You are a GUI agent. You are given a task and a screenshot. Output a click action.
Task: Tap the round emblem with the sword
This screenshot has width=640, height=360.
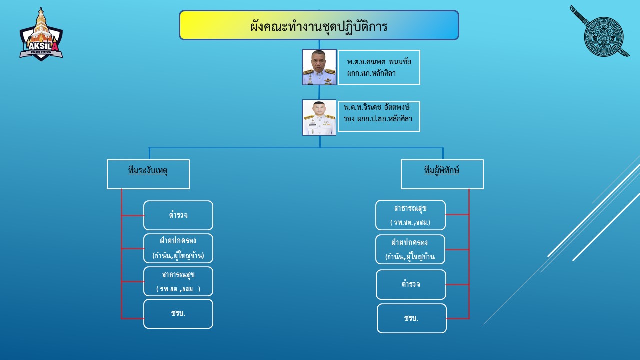pos(603,36)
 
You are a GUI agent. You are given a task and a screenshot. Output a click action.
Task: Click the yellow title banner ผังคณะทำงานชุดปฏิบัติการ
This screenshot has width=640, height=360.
pos(319,25)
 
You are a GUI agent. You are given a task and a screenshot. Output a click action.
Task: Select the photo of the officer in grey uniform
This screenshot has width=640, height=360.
pos(319,67)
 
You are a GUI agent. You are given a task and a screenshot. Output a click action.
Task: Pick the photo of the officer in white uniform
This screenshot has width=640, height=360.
pos(319,117)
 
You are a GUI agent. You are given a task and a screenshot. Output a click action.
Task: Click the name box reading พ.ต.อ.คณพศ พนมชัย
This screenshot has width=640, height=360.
pos(379,67)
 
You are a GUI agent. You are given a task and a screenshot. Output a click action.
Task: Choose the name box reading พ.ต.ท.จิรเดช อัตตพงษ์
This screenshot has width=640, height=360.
pos(379,116)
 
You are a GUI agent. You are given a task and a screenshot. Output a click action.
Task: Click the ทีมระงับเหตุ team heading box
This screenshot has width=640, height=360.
pos(148,174)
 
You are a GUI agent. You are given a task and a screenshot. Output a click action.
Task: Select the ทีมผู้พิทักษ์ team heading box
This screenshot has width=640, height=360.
pos(442,174)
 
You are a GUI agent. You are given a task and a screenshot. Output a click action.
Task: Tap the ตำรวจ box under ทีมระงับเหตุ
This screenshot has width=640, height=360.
pos(178,215)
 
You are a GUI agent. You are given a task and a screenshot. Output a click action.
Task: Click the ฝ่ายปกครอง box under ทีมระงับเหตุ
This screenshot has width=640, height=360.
pos(178,248)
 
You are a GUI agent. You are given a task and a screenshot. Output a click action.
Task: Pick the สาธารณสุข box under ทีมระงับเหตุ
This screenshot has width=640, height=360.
pos(178,281)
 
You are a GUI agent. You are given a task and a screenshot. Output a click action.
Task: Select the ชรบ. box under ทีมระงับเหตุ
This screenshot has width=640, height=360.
pos(178,314)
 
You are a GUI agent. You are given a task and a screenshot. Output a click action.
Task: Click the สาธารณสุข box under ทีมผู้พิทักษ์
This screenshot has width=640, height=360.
pos(410,215)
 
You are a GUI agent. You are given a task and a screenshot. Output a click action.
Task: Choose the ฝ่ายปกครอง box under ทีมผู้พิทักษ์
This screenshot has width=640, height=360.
pos(410,249)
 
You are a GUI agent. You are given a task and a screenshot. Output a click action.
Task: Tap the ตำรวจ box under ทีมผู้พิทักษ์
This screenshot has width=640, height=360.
pos(411,284)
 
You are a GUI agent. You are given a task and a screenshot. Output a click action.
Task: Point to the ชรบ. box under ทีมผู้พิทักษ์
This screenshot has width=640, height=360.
pos(411,318)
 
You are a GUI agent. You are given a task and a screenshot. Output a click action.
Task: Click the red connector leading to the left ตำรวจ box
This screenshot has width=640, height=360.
pos(133,215)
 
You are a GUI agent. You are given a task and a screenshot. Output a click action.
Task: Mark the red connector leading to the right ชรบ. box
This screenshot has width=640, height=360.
pos(457,318)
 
